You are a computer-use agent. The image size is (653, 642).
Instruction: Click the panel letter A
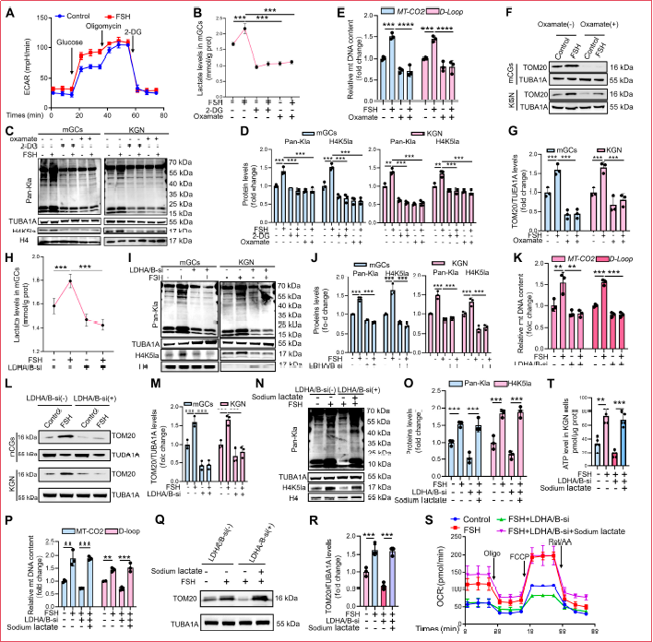point(7,8)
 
